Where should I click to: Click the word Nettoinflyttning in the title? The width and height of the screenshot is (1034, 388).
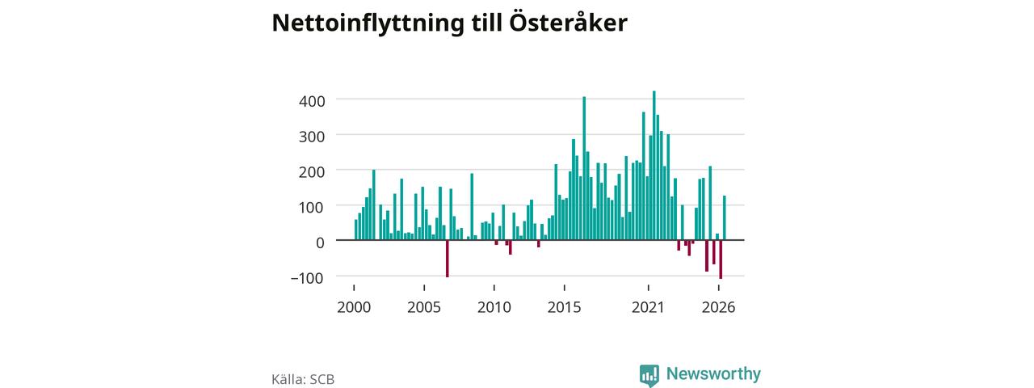[368, 23]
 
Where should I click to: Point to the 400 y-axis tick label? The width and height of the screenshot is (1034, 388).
[312, 101]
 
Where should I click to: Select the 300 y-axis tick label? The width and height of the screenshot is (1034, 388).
[312, 137]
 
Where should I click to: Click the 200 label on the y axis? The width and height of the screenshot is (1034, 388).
[312, 172]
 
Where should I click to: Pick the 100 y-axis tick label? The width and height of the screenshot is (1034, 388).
[312, 208]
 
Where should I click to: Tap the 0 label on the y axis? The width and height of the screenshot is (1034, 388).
[320, 242]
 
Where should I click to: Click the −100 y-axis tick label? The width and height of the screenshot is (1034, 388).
[307, 278]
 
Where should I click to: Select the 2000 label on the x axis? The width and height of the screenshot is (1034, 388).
[354, 308]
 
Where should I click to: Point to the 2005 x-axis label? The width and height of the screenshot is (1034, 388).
[424, 308]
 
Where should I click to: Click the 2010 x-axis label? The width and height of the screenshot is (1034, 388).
[494, 308]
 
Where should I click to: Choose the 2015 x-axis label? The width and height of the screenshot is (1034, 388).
[564, 308]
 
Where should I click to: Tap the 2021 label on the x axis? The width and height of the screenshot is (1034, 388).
[648, 308]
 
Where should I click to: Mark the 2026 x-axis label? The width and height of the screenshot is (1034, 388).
[718, 308]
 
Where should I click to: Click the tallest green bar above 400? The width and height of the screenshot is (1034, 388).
[654, 166]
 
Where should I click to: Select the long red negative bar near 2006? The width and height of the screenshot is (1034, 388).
[448, 259]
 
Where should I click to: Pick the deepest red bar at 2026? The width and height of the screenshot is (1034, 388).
[721, 259]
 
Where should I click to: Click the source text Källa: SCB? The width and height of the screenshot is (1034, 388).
[303, 379]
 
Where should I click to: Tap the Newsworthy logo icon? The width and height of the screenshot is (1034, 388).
[649, 374]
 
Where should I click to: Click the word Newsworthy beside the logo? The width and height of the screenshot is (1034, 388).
[713, 373]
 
